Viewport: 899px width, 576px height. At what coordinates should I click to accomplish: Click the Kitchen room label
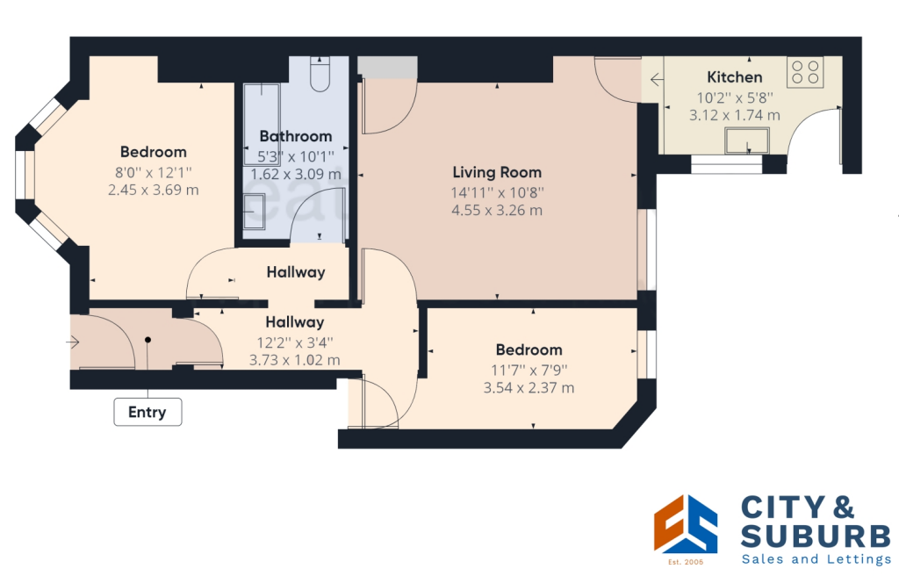pos(735,77)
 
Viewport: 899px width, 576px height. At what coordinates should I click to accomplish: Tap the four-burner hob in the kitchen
pos(805,71)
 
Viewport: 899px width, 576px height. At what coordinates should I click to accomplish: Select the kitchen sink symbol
pos(746,140)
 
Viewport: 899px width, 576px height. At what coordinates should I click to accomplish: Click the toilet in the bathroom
pos(320,76)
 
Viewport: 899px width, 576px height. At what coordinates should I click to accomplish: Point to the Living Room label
pos(497,172)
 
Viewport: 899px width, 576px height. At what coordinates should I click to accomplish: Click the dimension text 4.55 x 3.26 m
pos(497,211)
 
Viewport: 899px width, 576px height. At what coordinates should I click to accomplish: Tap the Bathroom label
pos(296,136)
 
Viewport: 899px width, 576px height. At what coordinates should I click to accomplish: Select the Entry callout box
pos(147,412)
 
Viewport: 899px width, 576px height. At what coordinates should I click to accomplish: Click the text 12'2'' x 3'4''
pos(296,342)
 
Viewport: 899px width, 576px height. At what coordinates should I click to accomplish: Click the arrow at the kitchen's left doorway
pos(657,81)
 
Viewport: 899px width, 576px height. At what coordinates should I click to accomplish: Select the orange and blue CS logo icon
pos(686,524)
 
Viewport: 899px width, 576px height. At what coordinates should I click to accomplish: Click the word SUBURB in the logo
pos(816,536)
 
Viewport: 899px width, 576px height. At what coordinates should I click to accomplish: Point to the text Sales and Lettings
pos(816,559)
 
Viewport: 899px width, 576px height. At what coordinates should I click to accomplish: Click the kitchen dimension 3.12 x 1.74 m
pos(735,115)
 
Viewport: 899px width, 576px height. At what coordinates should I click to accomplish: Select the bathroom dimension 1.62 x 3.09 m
pos(296,174)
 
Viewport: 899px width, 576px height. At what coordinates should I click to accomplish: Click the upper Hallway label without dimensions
pos(296,272)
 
